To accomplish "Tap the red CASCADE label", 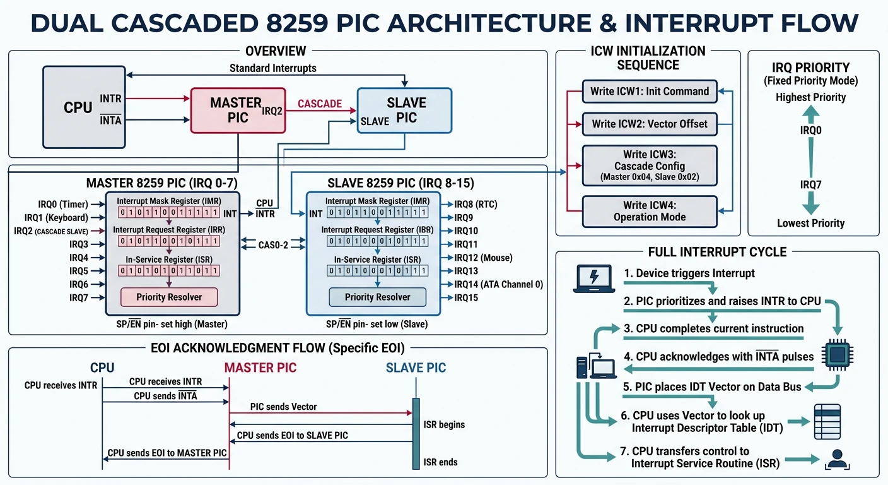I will [x=319, y=104].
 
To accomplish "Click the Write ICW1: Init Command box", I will [x=649, y=92].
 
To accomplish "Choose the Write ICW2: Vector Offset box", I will [x=649, y=124].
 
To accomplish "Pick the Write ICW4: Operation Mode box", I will [x=649, y=211].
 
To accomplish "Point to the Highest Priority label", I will [x=810, y=97].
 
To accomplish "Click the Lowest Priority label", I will [x=810, y=223].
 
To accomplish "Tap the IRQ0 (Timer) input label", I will [x=62, y=204].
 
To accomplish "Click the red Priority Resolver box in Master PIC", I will [x=169, y=297].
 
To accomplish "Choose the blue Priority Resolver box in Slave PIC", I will [x=377, y=297].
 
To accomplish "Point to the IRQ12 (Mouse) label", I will [x=483, y=258].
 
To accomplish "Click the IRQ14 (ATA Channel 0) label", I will [x=498, y=285].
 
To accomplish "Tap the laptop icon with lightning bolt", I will [x=593, y=278].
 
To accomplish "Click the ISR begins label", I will [x=444, y=424].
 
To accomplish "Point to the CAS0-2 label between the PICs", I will [x=273, y=244].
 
